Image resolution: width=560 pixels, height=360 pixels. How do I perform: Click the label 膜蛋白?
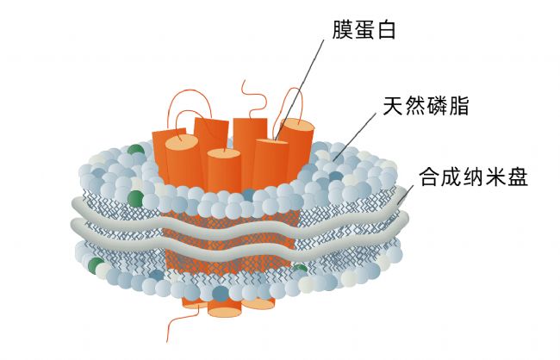[x=364, y=29]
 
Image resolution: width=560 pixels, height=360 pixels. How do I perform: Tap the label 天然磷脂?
[x=426, y=105]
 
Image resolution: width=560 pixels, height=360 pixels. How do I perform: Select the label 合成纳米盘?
[x=474, y=177]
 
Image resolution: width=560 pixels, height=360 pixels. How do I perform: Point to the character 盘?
[x=518, y=177]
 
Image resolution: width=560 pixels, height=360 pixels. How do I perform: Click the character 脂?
[x=458, y=105]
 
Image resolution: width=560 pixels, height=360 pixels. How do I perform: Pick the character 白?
[x=386, y=29]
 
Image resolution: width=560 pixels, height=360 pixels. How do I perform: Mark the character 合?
[x=430, y=177]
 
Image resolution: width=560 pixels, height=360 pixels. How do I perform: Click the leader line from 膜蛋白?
[x=299, y=90]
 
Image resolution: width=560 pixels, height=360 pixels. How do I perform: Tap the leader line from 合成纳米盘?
[x=406, y=194]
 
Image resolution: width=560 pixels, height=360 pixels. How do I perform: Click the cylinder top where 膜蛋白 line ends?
[x=271, y=142]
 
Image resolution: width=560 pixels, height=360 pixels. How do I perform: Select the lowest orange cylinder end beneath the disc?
[x=224, y=312]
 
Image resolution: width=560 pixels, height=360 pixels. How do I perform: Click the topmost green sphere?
[x=136, y=149]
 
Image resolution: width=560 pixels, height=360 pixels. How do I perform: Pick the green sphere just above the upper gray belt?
[x=135, y=199]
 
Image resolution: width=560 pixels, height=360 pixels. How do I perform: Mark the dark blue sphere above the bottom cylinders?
[x=221, y=294]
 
